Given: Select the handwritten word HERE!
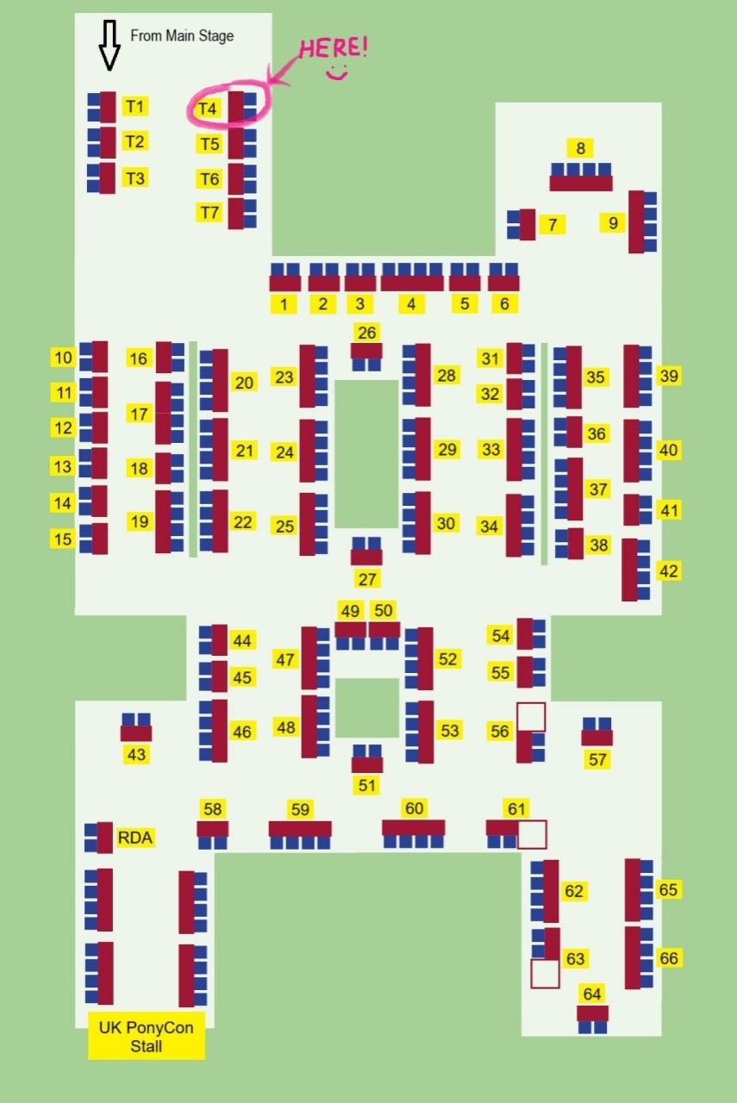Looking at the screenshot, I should tap(333, 47).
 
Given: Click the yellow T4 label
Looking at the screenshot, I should tap(208, 109).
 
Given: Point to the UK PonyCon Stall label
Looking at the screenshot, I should tap(147, 1037).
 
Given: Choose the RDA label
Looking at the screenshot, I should tap(136, 837).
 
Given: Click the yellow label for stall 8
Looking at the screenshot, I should tap(581, 147).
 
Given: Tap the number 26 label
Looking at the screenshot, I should tap(367, 333).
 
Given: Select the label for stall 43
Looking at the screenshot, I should tap(136, 755).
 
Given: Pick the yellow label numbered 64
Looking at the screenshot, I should tap(592, 994).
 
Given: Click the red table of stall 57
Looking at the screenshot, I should tap(596, 738).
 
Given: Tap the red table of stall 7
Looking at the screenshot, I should tap(528, 224).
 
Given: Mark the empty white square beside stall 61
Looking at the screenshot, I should tap(532, 834).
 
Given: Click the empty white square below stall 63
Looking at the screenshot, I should tap(545, 974).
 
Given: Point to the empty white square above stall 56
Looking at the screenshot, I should tap(531, 717).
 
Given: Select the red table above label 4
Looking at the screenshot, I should tap(412, 283).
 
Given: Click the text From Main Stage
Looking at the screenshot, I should tap(182, 36).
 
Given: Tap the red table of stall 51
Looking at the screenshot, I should tap(367, 764).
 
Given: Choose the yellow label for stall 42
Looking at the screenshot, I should tap(669, 570).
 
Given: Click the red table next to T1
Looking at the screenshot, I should tap(108, 108).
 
